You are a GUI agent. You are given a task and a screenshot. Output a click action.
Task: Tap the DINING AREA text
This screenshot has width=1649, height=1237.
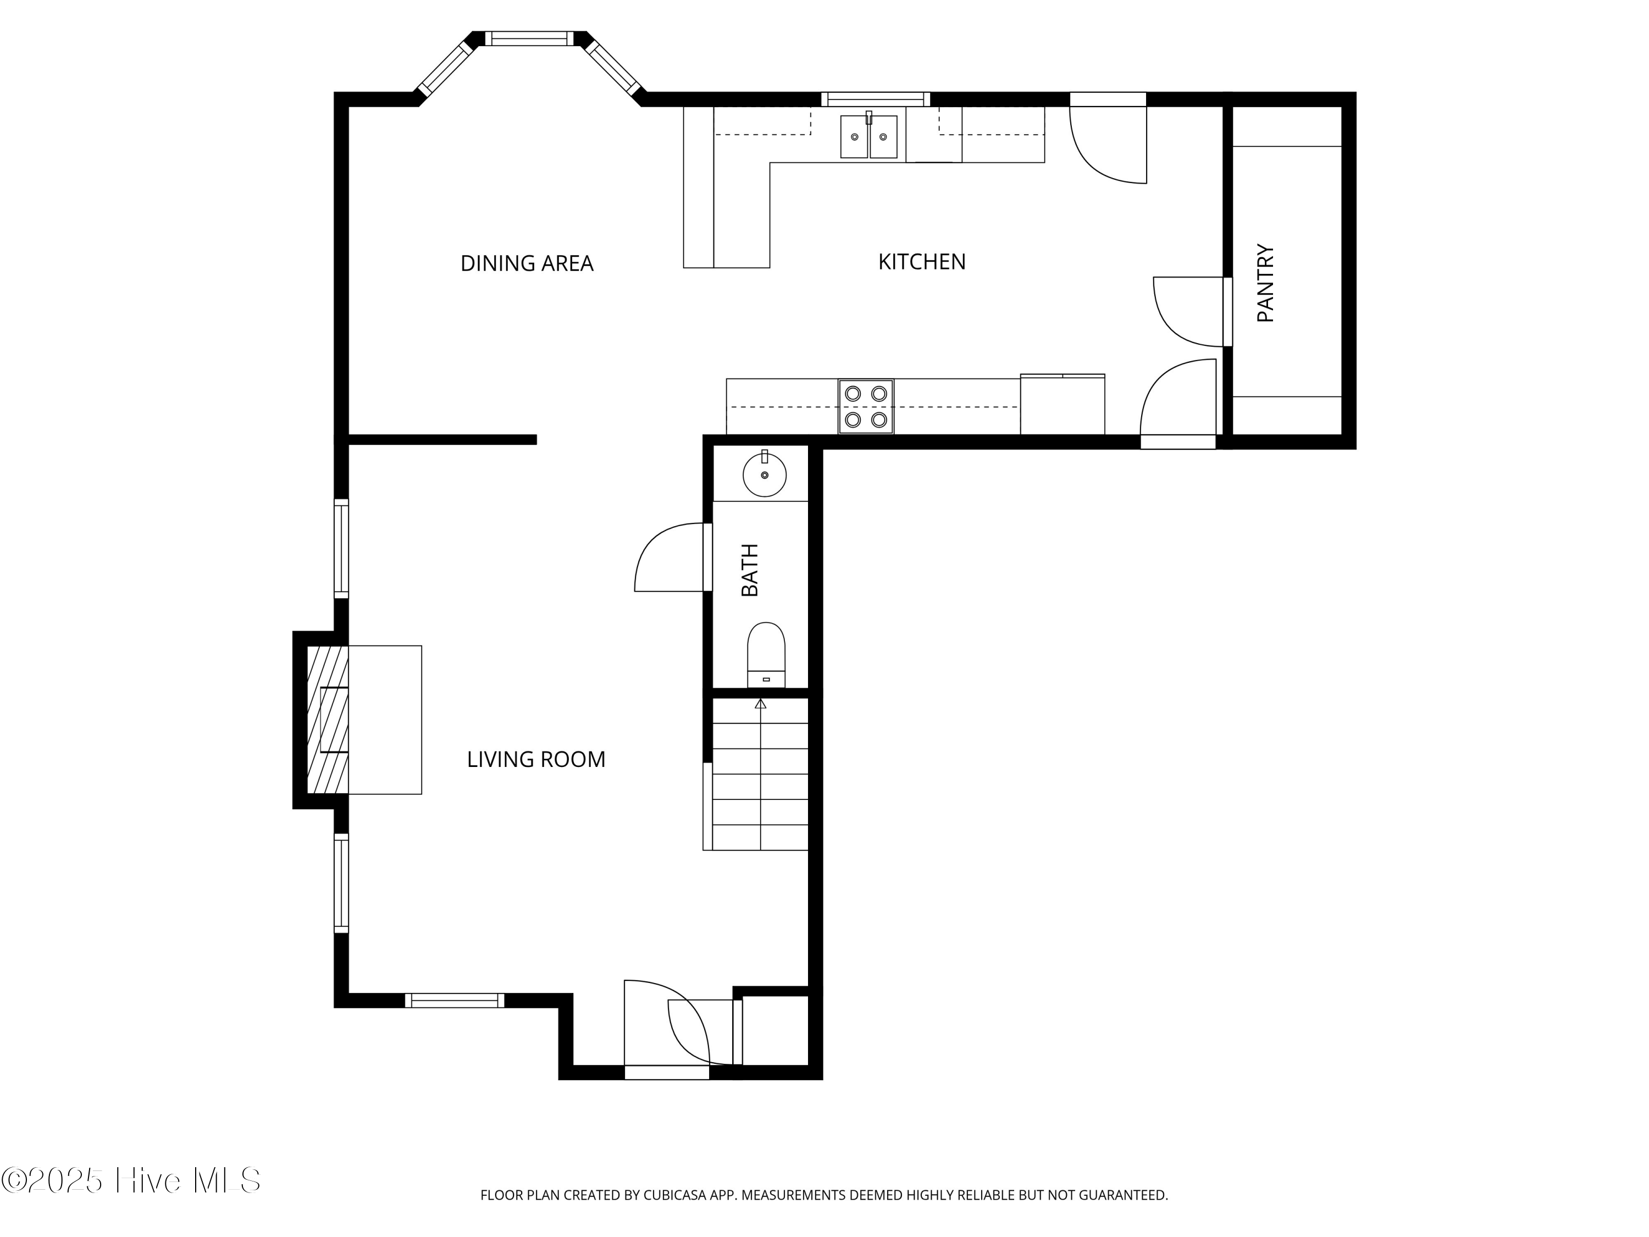(x=527, y=263)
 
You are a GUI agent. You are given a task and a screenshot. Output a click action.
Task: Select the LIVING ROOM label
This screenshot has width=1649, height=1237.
(x=535, y=759)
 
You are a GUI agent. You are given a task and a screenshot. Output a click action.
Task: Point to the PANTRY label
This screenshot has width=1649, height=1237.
(x=1266, y=283)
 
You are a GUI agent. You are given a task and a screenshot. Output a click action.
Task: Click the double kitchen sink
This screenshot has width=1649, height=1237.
(x=868, y=136)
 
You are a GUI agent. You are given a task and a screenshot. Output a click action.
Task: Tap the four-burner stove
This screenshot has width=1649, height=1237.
(x=866, y=406)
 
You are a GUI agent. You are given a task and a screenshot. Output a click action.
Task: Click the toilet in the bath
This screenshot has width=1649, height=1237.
(x=766, y=653)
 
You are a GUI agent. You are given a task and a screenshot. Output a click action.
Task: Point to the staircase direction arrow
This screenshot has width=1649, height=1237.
(x=760, y=703)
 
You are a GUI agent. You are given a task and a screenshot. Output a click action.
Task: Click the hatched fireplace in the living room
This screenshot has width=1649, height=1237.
(x=327, y=720)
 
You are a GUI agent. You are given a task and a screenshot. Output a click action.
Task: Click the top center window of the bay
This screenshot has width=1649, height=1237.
(x=529, y=38)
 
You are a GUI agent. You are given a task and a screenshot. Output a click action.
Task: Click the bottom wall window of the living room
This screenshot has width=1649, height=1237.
(x=454, y=1001)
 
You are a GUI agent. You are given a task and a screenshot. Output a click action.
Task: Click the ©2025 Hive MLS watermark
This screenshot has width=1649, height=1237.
(x=131, y=1180)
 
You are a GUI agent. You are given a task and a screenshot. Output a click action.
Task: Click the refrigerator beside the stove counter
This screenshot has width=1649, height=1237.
(x=1063, y=405)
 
